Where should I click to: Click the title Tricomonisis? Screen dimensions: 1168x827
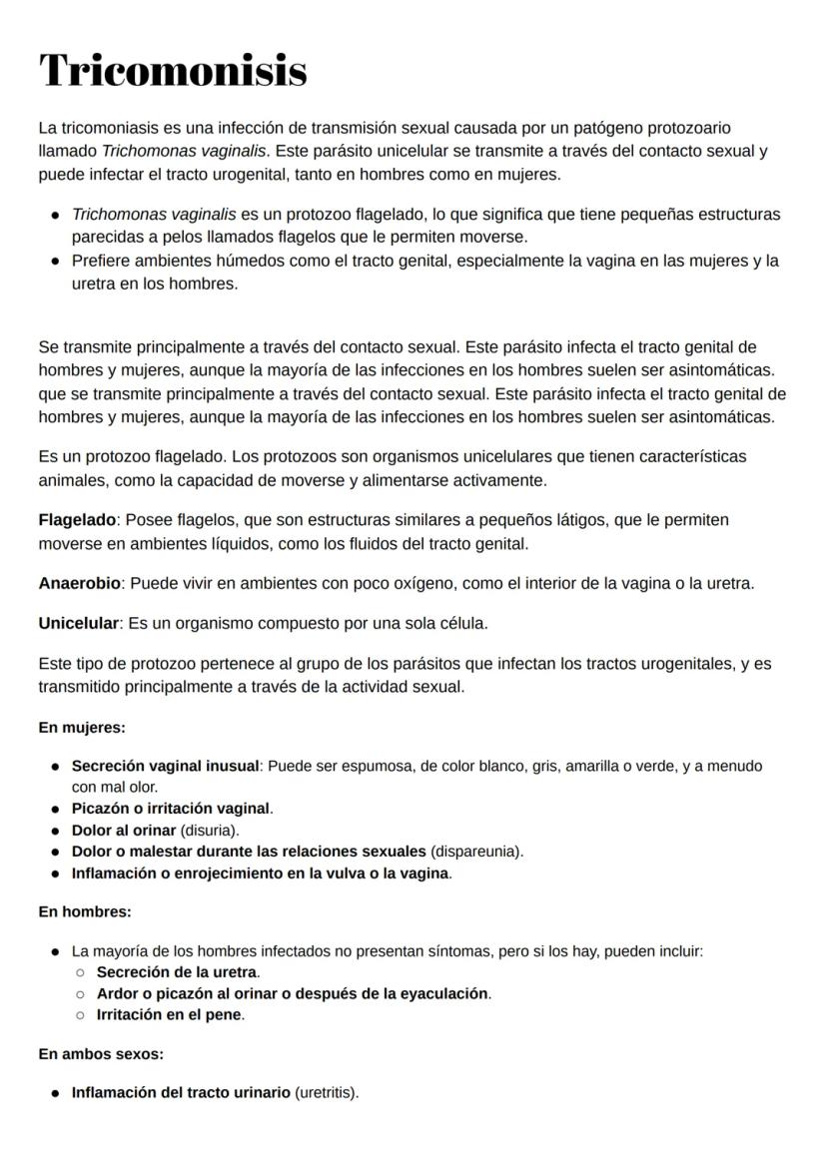pos(172,71)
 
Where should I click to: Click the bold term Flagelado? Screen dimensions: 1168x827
pos(77,520)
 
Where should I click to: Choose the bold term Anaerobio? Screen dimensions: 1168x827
pos(79,583)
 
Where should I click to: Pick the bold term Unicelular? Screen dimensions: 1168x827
pos(78,623)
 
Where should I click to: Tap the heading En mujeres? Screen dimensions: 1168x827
pos(81,728)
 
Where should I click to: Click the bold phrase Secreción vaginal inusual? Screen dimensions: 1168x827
pos(165,766)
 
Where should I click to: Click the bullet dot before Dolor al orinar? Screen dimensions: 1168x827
pos(54,831)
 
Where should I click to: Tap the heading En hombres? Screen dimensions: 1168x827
pos(84,911)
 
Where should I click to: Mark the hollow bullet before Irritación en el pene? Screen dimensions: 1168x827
pos(80,1015)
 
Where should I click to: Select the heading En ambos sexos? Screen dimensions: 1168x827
pos(100,1053)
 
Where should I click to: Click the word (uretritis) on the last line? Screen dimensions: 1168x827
pos(326,1092)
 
